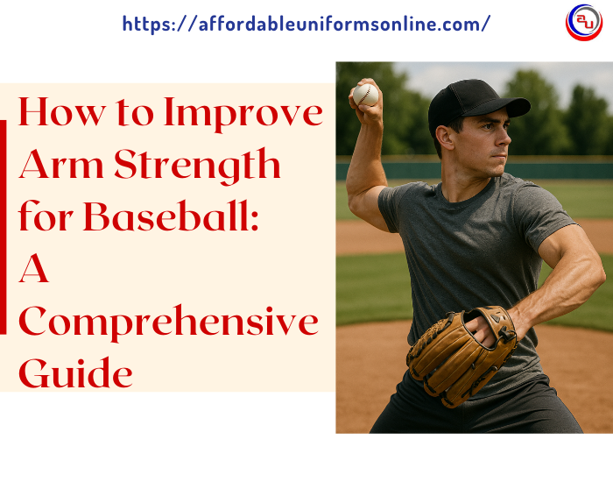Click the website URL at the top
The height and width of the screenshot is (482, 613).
(x=306, y=24)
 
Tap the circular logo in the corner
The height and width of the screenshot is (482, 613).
(x=584, y=22)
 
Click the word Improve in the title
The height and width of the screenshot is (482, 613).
(x=243, y=114)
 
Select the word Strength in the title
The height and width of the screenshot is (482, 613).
(x=197, y=166)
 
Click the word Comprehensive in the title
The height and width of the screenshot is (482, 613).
(x=168, y=323)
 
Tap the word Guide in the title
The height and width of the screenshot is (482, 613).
(x=75, y=373)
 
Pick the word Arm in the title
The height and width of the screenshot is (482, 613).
(x=61, y=165)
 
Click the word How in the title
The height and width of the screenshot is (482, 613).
(x=62, y=113)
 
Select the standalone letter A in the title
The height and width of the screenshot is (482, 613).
(x=33, y=268)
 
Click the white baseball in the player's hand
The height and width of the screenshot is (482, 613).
(x=365, y=95)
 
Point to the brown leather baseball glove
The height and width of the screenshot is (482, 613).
(x=462, y=356)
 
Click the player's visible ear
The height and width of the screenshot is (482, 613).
(x=445, y=138)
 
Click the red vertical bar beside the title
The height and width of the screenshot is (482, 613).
(x=4, y=227)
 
